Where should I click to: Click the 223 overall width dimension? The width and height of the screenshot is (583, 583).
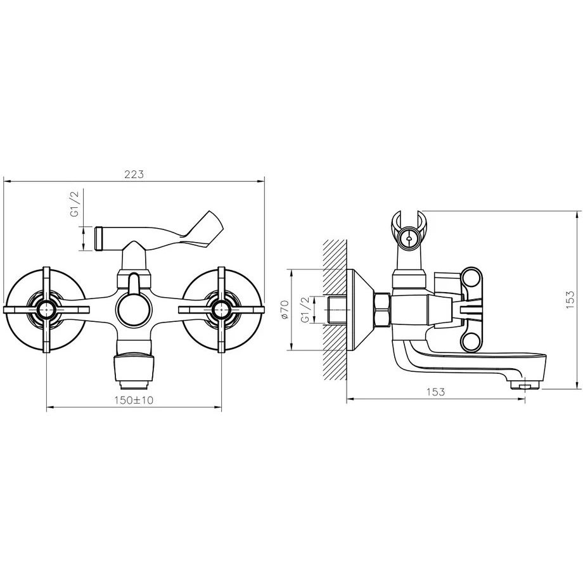coord(134,174)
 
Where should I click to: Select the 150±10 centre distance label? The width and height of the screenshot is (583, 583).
coord(134,400)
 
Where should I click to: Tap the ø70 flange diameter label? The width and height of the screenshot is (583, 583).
coord(285,309)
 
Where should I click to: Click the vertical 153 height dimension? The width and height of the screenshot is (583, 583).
coord(570,300)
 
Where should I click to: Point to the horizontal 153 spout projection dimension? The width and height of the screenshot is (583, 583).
coord(435,392)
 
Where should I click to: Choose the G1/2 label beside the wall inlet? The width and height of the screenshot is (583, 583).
coord(305,310)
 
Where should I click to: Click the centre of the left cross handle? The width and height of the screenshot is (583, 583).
coord(46,309)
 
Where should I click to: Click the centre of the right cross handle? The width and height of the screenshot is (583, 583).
coord(222,309)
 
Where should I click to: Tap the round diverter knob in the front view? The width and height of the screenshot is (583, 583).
coord(134,309)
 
